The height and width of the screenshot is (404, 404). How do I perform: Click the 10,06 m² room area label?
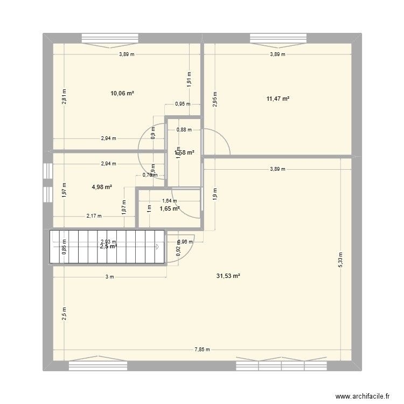[x=122, y=93]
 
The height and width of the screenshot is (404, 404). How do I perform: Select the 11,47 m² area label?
[x=277, y=99]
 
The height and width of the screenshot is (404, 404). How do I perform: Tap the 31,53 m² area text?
[x=228, y=276]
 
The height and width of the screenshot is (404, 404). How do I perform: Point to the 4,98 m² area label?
[x=102, y=187]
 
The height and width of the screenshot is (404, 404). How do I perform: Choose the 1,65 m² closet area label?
[x=170, y=208]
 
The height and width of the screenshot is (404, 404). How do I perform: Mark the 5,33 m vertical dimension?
[x=340, y=259]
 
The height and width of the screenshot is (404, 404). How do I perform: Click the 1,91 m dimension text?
[x=189, y=79]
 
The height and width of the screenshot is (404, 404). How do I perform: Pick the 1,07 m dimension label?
[x=124, y=207]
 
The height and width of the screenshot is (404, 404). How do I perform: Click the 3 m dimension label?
[x=110, y=277]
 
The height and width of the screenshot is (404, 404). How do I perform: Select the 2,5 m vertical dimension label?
[x=64, y=314]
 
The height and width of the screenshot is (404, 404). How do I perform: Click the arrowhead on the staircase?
[x=157, y=247]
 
